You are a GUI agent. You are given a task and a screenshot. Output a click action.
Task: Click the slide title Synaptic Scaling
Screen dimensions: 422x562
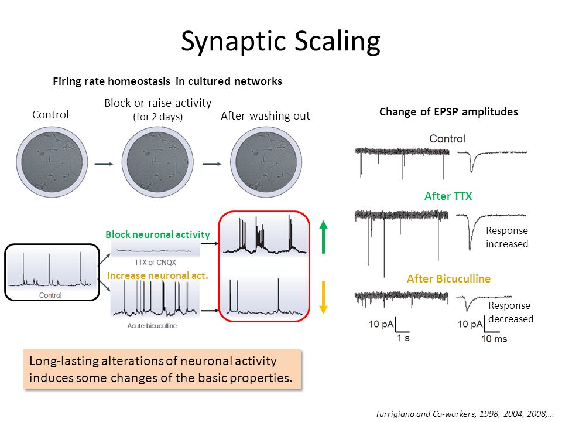pyautogui.click(x=280, y=42)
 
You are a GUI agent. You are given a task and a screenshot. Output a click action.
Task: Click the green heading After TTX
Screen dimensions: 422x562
pyautogui.click(x=448, y=197)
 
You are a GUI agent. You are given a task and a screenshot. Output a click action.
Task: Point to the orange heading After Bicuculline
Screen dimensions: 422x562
pyautogui.click(x=448, y=279)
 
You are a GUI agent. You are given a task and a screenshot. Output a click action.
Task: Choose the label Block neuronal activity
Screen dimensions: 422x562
pyautogui.click(x=157, y=234)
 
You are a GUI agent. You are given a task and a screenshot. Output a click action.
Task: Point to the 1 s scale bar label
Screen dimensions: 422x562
pyautogui.click(x=403, y=339)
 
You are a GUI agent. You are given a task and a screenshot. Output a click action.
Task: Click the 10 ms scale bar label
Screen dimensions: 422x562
pyautogui.click(x=495, y=339)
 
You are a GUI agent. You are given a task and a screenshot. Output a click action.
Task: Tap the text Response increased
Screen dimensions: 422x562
pyautogui.click(x=507, y=237)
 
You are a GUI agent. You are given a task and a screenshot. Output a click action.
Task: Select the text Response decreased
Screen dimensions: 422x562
pyautogui.click(x=510, y=312)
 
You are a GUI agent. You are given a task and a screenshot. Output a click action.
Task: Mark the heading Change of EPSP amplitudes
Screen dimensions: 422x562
pyautogui.click(x=448, y=112)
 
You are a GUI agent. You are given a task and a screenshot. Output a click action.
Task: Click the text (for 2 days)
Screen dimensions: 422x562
pyautogui.click(x=157, y=117)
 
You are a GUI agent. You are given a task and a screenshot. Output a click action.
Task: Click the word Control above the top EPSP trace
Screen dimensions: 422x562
pyautogui.click(x=447, y=139)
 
